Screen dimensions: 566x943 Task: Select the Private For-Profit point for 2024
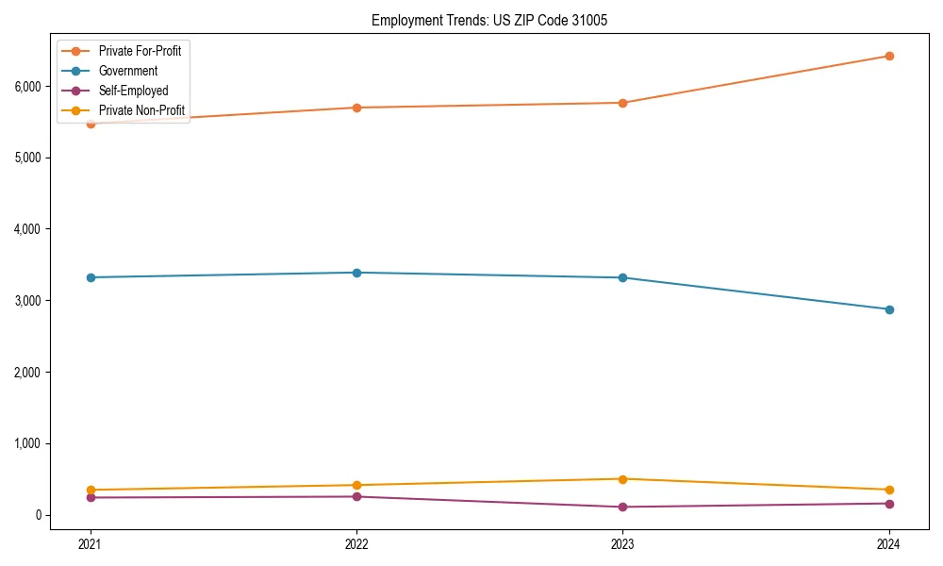pos(889,56)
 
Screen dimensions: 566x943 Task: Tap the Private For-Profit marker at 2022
pos(356,108)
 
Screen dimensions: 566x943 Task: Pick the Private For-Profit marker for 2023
pos(622,103)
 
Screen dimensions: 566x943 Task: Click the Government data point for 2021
pos(91,277)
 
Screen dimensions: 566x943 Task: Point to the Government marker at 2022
pos(356,273)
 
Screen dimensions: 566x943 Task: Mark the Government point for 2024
pos(889,309)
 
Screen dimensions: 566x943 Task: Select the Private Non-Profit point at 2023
pos(622,479)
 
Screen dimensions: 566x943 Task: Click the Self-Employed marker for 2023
pos(622,507)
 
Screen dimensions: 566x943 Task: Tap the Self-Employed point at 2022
pos(356,496)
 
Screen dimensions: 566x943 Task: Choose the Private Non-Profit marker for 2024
pos(889,490)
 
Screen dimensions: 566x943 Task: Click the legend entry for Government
pos(127,71)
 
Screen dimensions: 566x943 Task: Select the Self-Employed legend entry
pos(133,91)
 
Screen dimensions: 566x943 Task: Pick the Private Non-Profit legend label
pos(141,110)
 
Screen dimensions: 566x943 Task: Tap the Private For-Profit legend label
pos(140,51)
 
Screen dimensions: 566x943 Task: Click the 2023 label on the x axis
pos(622,543)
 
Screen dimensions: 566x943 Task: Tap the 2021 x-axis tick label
pos(91,543)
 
